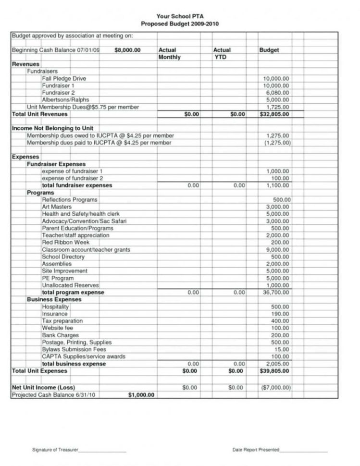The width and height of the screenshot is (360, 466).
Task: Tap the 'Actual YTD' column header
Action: point(222,53)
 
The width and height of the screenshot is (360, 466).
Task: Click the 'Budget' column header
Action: point(269,50)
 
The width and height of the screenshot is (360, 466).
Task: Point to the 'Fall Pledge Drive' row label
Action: point(63,78)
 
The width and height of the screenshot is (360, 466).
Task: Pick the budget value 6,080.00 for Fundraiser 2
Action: point(276,93)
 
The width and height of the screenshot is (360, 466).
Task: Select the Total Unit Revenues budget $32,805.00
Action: point(274,114)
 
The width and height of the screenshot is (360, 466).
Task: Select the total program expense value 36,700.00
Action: point(275,292)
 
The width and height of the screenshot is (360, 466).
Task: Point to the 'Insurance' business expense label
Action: point(55,314)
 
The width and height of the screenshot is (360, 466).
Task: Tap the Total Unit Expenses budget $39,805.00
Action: point(274,371)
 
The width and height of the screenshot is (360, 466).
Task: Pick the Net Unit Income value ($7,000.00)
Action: point(274,387)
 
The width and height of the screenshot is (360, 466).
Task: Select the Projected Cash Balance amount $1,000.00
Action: point(141,395)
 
